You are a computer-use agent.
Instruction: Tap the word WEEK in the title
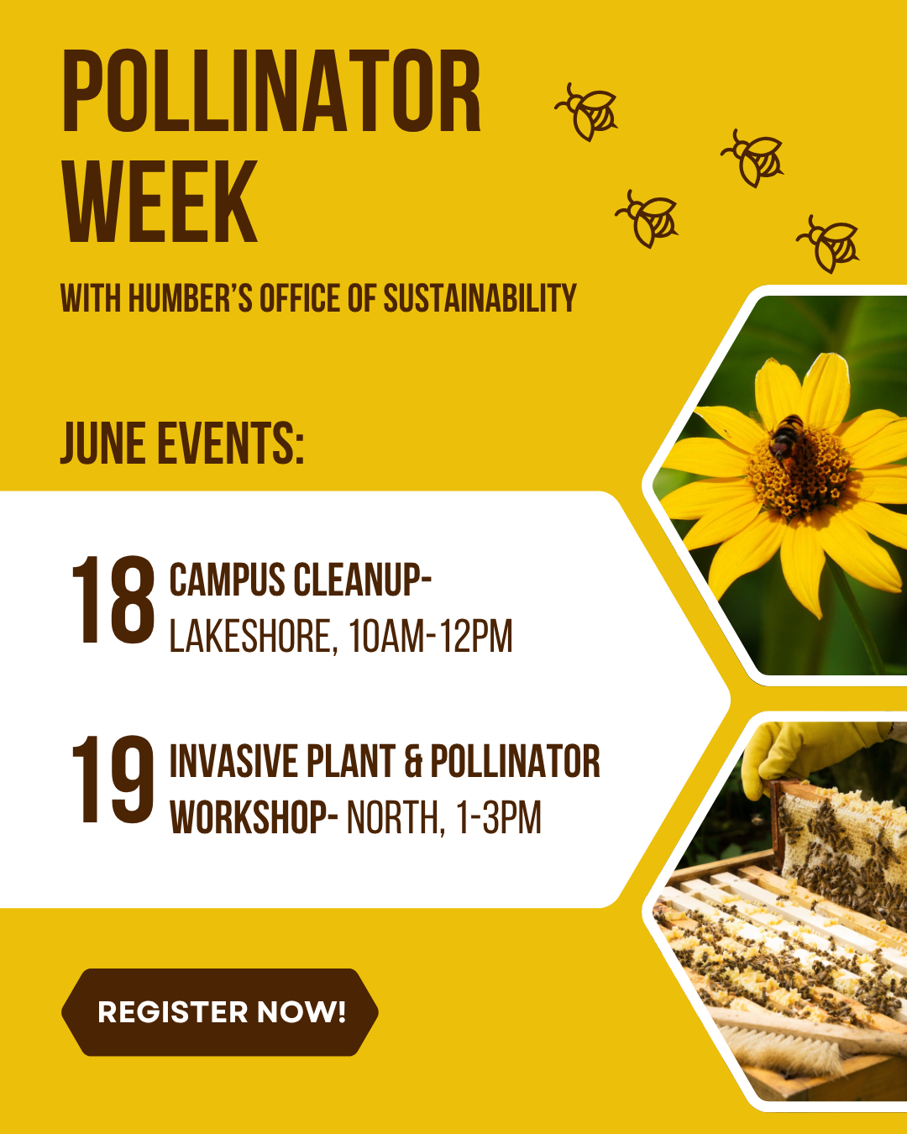click(160, 201)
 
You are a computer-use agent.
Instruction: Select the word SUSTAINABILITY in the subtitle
click(480, 297)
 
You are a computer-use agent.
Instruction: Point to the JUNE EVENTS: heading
click(182, 443)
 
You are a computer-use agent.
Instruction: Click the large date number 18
click(113, 600)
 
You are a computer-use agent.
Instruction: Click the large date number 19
click(113, 780)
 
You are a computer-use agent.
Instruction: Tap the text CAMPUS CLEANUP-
click(301, 579)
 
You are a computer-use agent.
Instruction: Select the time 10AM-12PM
click(430, 636)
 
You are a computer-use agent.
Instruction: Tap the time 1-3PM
click(499, 817)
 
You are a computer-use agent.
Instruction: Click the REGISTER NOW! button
click(220, 1011)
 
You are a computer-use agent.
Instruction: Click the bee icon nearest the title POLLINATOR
click(586, 112)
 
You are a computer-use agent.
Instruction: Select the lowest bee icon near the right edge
click(828, 244)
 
